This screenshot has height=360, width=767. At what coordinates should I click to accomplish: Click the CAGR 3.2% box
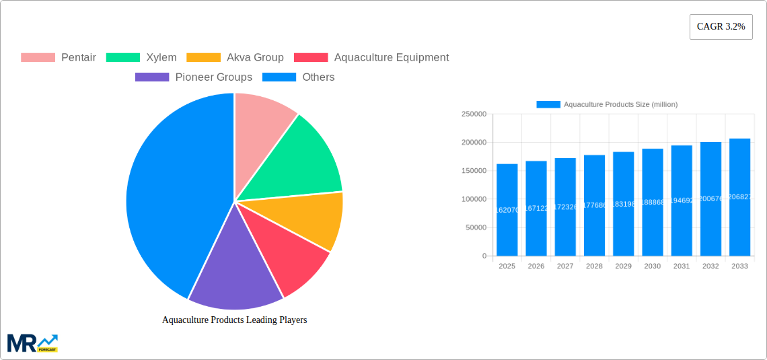point(721,27)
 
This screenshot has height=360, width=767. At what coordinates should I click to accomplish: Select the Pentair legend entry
point(59,58)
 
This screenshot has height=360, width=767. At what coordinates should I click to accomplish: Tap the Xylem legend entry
point(141,58)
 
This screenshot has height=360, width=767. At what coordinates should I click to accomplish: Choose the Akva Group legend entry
point(235,58)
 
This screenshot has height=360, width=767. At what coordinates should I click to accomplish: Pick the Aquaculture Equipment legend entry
point(371,58)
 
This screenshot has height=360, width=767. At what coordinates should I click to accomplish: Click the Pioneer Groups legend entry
point(194,77)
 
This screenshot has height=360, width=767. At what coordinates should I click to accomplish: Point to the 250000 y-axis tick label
point(474,114)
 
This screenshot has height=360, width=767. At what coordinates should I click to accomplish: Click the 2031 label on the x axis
point(682,266)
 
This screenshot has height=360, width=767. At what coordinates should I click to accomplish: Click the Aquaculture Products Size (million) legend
point(607,104)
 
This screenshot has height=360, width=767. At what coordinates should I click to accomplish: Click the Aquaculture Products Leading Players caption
point(234,320)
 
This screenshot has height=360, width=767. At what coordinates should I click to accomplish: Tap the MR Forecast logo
point(32,343)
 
